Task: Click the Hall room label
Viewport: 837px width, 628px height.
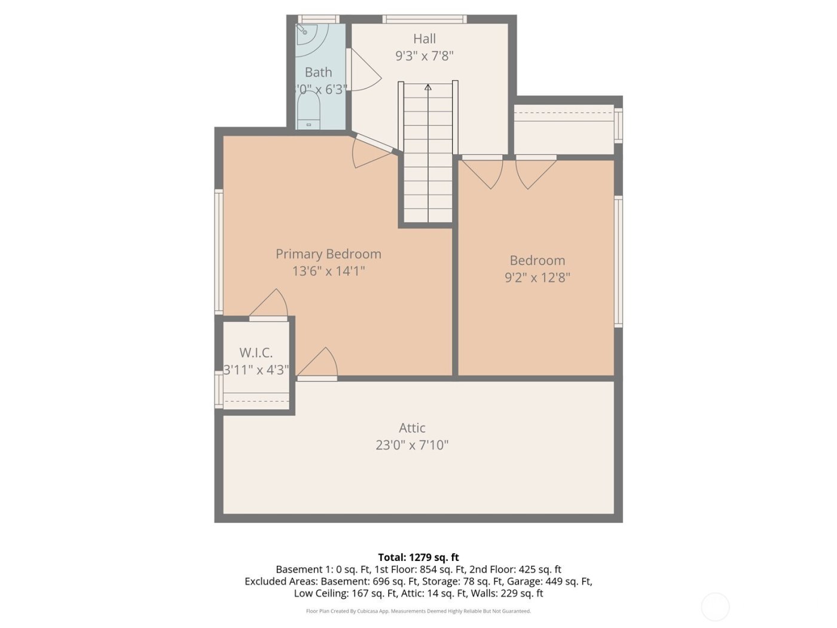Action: point(424,39)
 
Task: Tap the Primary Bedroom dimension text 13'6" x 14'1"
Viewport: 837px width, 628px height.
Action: point(328,271)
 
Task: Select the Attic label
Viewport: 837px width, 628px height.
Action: point(412,428)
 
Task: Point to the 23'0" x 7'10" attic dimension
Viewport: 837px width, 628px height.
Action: point(412,445)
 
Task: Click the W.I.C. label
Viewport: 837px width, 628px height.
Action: point(256,353)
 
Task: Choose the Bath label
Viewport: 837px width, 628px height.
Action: point(318,72)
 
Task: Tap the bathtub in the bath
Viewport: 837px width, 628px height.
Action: point(308,111)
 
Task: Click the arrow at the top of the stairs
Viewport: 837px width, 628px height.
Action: point(428,87)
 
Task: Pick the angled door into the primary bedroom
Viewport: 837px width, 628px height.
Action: point(372,152)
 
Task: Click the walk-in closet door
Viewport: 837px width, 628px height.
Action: point(270,305)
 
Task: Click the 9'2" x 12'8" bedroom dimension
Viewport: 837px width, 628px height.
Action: point(537,278)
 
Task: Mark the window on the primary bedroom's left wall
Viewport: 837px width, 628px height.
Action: point(219,251)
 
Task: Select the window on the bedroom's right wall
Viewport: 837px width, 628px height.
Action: point(619,261)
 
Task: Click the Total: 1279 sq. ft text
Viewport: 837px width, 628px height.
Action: point(418,557)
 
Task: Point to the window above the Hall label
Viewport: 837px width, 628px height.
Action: point(424,19)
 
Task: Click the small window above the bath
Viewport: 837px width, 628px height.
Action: point(318,19)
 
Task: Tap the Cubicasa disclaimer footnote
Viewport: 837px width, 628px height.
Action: point(418,611)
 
